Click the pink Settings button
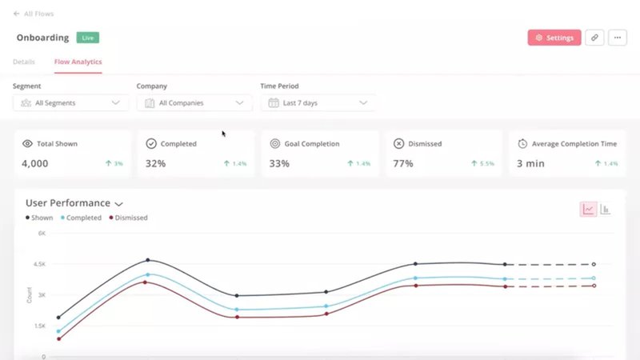tap(554, 38)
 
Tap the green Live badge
tap(87, 38)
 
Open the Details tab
tap(24, 62)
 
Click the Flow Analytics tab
tap(78, 62)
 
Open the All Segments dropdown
tap(70, 102)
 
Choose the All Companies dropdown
tap(194, 102)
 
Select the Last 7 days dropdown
tap(318, 102)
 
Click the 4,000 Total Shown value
tap(35, 163)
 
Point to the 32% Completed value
tap(155, 163)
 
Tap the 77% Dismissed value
tap(403, 163)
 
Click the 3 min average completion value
tap(530, 163)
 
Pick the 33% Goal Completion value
tap(279, 163)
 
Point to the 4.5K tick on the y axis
tap(39, 264)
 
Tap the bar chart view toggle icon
tap(606, 210)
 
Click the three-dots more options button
tap(617, 38)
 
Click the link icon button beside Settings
tap(594, 38)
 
